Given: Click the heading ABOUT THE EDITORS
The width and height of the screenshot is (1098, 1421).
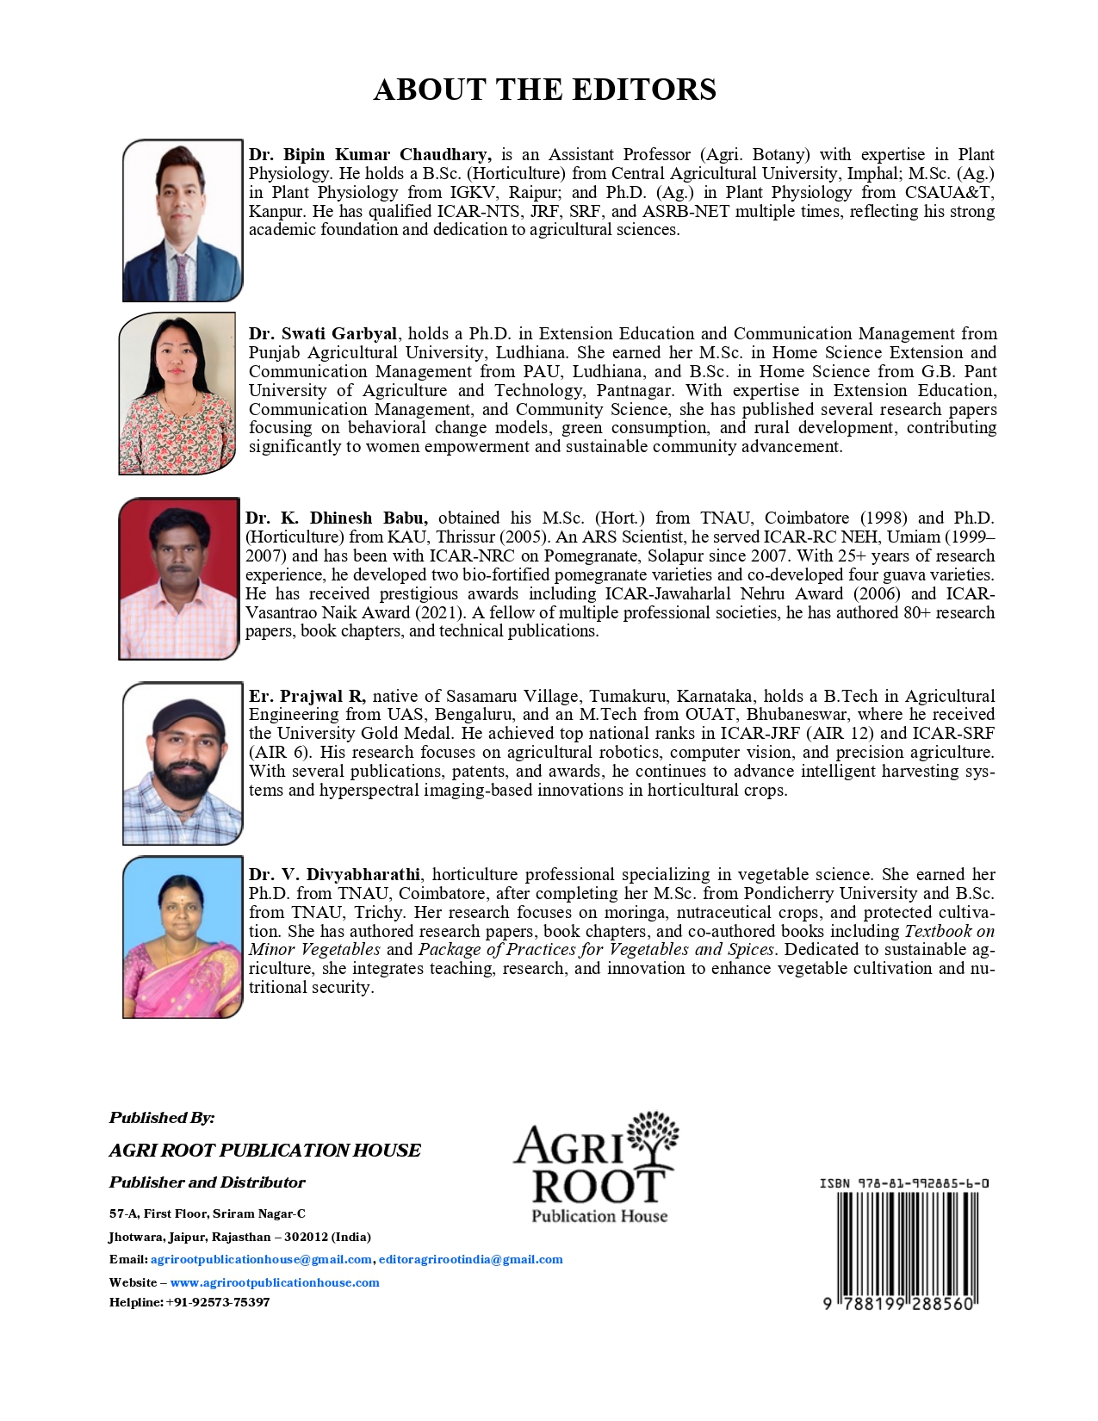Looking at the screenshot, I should point(544,90).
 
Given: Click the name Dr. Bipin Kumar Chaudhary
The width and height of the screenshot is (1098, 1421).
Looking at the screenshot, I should point(369,155).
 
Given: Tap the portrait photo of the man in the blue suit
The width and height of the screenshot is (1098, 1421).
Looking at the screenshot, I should point(183,220).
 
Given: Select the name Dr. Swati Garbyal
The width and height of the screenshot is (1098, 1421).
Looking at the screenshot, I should point(323,334).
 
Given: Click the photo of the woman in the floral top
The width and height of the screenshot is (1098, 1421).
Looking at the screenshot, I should point(177,394).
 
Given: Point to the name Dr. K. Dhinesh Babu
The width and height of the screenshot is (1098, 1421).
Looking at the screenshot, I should point(336,518).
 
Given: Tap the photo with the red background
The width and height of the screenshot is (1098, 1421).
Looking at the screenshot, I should point(179,579).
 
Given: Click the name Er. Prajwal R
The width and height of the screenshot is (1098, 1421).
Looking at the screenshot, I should point(307,697).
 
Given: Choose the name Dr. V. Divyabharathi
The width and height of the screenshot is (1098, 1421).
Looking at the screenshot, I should point(334,875).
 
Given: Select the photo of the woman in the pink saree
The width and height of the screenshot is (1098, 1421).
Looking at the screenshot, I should point(183,937).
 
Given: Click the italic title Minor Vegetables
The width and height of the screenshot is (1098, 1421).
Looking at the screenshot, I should point(314,950).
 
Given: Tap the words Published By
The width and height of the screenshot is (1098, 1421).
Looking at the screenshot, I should point(162,1118).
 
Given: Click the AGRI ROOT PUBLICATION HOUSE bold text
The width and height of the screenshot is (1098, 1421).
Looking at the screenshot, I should point(265,1151).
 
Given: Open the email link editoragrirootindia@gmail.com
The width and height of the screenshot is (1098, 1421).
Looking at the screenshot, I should point(470,1259).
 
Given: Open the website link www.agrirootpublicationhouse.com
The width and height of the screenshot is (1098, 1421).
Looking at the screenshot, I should point(275,1282).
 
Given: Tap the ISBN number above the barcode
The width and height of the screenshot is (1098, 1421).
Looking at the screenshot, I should point(903,1183).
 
